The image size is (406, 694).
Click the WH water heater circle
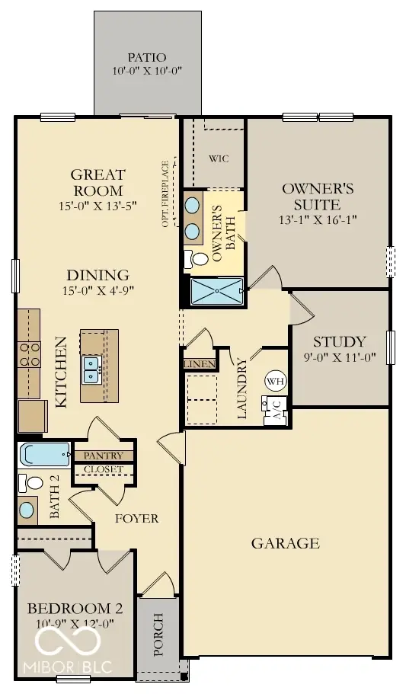274,381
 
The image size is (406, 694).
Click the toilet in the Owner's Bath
198,259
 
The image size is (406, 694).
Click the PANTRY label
103,456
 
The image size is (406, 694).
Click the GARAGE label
286,543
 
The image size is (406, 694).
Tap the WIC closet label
219,158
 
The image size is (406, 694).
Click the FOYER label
136,519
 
